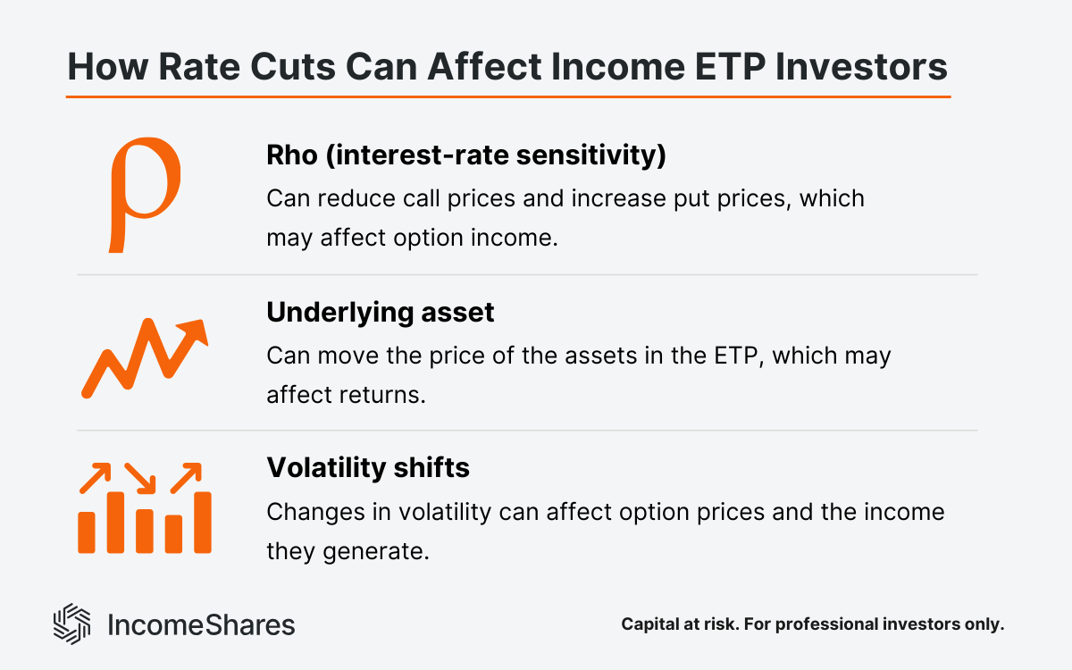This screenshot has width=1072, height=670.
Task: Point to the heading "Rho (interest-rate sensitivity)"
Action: click(x=466, y=155)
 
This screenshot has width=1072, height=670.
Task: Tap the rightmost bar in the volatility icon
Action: click(x=203, y=522)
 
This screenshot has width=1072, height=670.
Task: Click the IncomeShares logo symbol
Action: click(x=72, y=624)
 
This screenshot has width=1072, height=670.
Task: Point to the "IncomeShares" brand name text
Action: click(x=201, y=624)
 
